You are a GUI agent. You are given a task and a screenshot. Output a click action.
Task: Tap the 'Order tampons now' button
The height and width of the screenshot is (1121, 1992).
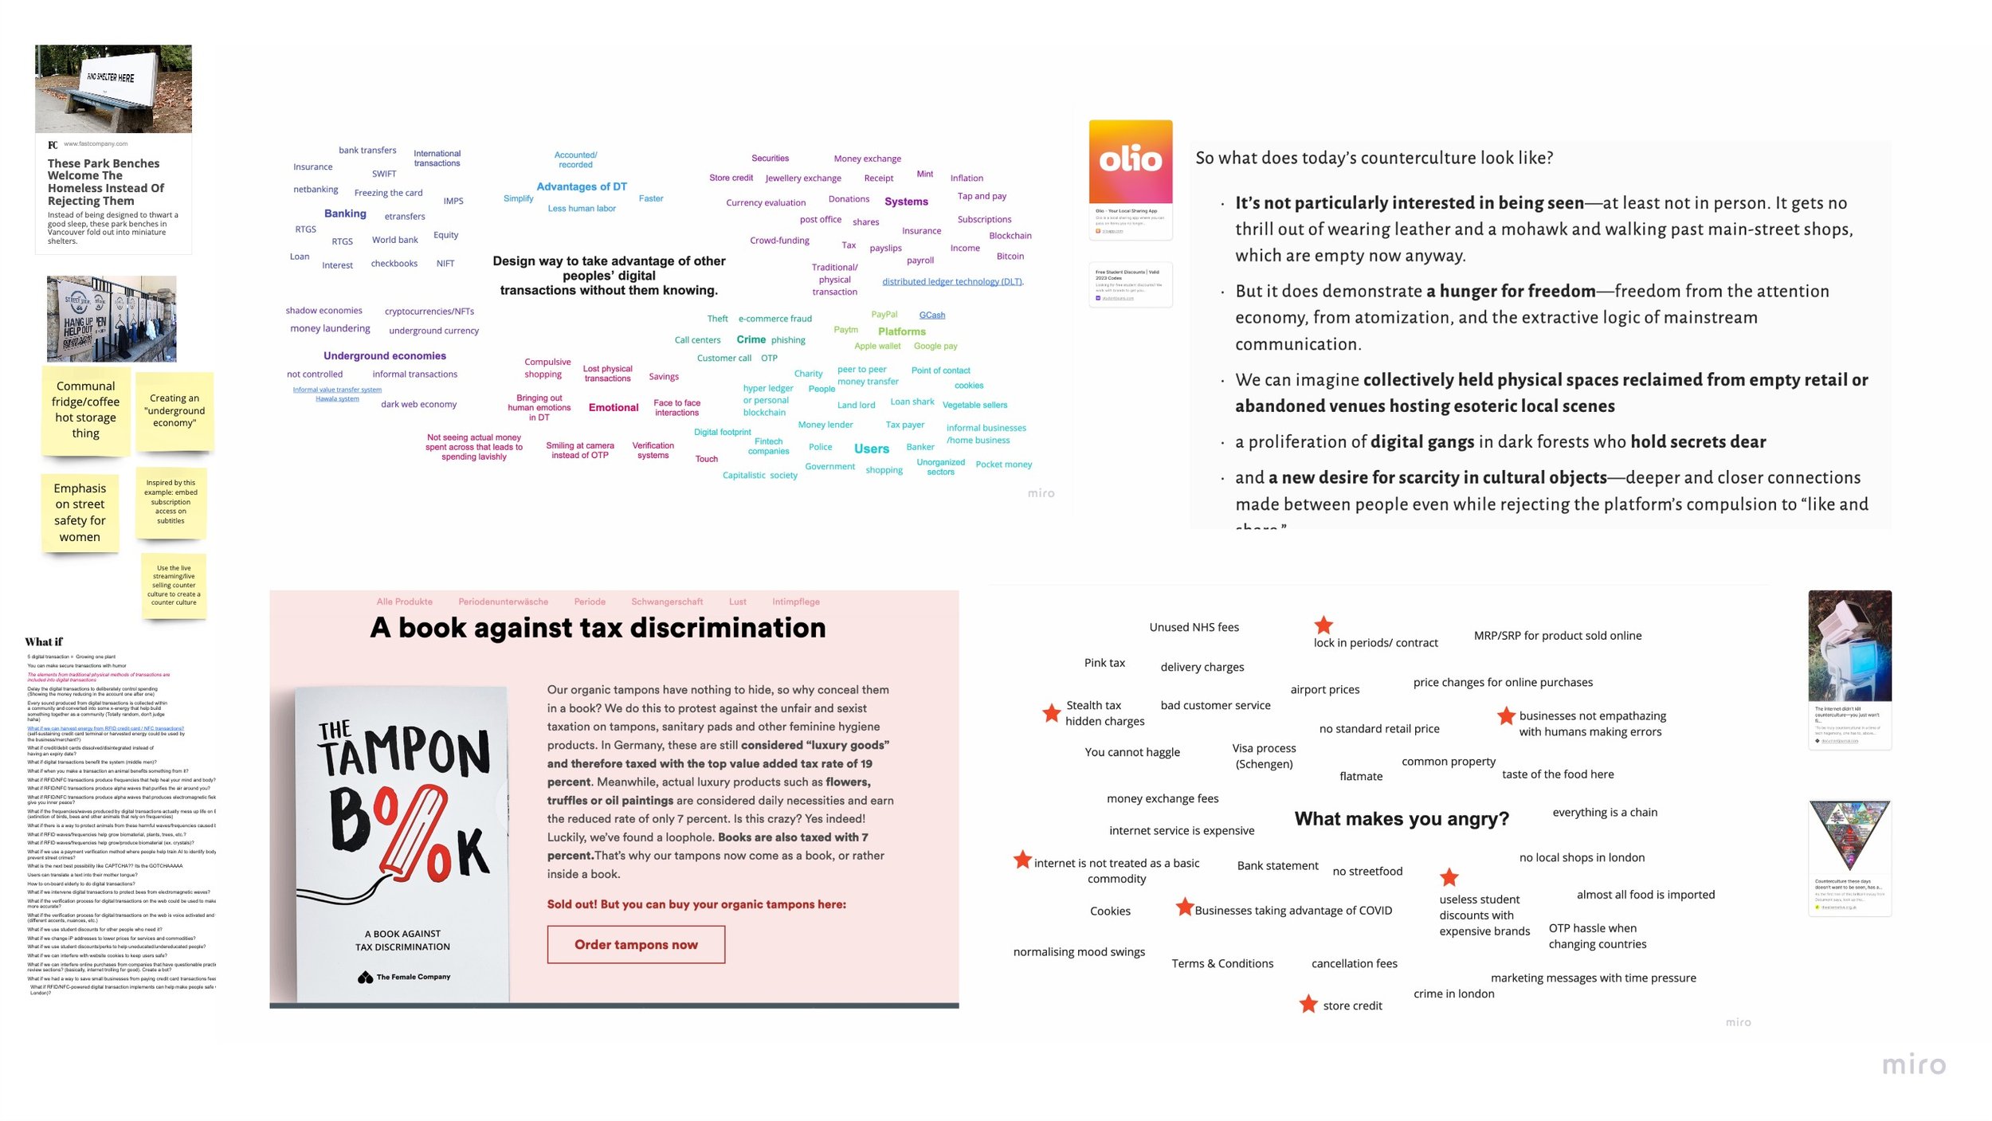(x=636, y=944)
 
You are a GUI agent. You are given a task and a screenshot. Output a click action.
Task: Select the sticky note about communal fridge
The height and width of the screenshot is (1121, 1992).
(x=86, y=410)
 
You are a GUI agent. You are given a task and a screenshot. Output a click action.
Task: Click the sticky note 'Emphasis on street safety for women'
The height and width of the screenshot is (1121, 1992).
(x=80, y=512)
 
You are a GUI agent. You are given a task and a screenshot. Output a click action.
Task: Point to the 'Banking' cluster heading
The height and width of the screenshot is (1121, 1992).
(x=345, y=214)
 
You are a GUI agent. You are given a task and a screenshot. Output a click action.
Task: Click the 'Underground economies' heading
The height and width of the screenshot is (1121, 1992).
(x=384, y=356)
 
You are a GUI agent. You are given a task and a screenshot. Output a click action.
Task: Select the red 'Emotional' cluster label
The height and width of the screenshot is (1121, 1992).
(x=613, y=408)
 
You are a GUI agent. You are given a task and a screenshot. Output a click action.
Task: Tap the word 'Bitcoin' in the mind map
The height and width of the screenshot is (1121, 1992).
(x=1010, y=257)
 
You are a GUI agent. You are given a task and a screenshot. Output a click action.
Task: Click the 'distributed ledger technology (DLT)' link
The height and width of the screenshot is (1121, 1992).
(x=952, y=282)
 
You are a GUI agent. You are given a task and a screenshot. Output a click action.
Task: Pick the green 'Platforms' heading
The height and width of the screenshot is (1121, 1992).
(x=901, y=331)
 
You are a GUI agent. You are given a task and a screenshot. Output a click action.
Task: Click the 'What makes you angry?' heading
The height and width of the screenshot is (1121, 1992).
(x=1401, y=819)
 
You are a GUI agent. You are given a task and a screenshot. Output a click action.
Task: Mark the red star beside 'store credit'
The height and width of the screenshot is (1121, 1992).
(x=1308, y=1004)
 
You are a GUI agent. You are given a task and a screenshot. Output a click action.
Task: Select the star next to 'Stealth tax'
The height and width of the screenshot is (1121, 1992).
(x=1051, y=712)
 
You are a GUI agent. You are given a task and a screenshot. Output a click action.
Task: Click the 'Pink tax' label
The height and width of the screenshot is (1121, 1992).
(x=1104, y=663)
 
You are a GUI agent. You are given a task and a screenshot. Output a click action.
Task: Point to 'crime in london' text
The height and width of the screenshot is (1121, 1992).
(x=1453, y=994)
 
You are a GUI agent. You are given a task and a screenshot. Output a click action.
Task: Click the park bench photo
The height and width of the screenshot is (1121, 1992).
(x=113, y=88)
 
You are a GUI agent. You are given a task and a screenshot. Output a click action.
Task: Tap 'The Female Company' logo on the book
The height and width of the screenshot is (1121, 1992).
(x=404, y=977)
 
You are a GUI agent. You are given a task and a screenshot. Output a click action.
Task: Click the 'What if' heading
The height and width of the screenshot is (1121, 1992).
(x=44, y=642)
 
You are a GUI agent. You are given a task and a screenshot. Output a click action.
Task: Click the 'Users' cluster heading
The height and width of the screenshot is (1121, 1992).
(x=871, y=449)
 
